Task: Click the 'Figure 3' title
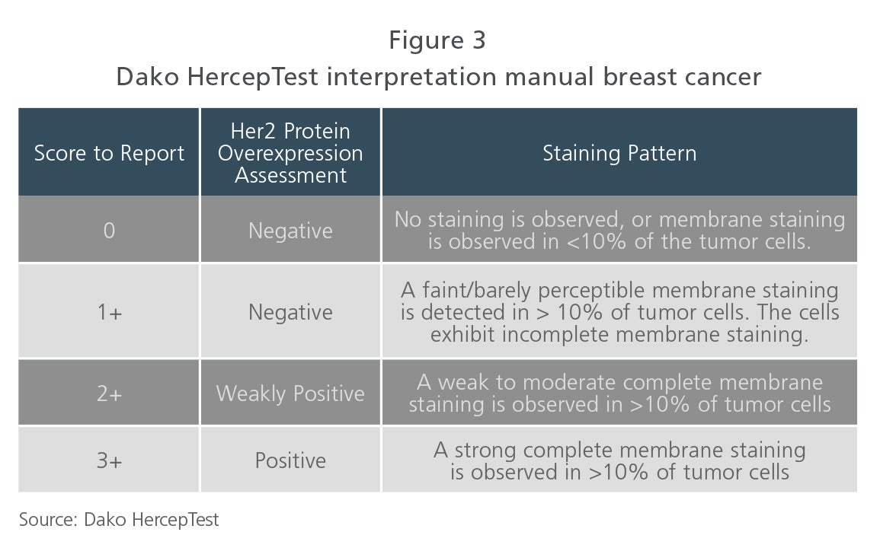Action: point(437,40)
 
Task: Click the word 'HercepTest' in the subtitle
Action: point(253,77)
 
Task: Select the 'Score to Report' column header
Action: point(109,153)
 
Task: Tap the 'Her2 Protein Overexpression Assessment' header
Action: point(290,153)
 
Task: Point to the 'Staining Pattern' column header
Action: point(619,153)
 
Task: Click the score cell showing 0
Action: point(109,231)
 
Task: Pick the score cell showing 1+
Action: point(110,312)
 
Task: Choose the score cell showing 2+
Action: point(110,393)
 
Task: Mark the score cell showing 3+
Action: point(110,460)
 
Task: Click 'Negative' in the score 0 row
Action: point(290,231)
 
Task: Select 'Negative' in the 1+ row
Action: point(290,312)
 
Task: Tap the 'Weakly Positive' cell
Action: point(290,393)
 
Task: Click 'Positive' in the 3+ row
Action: point(290,460)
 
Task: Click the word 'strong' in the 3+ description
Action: point(485,451)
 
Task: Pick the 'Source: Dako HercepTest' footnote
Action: point(119,519)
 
